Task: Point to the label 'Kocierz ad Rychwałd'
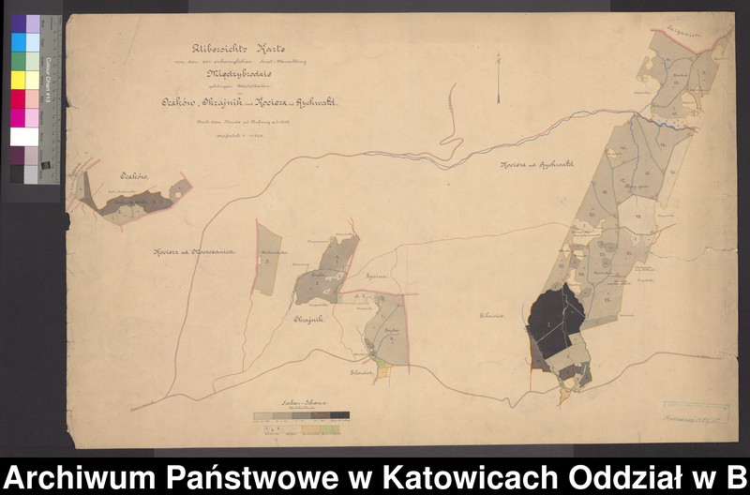(x=535, y=165)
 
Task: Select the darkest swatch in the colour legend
(x=339, y=414)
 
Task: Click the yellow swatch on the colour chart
(x=19, y=80)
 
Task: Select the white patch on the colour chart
(x=24, y=137)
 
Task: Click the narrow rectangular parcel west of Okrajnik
(x=268, y=260)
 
